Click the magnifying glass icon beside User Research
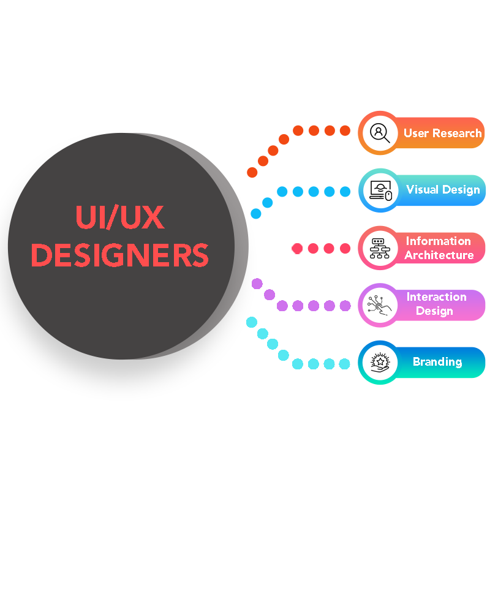point(380,133)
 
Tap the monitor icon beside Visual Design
point(380,190)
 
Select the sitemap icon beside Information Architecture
point(380,247)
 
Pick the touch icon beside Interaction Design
point(380,304)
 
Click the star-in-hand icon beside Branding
point(380,362)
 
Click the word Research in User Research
point(457,133)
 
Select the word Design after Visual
point(461,190)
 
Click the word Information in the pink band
point(438,241)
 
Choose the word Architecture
point(439,255)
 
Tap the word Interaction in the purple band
point(436,296)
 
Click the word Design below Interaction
point(434,311)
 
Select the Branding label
point(437,361)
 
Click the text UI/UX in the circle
point(120,218)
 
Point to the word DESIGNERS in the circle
point(120,255)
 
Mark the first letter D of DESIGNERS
point(40,255)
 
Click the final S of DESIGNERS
point(199,255)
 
